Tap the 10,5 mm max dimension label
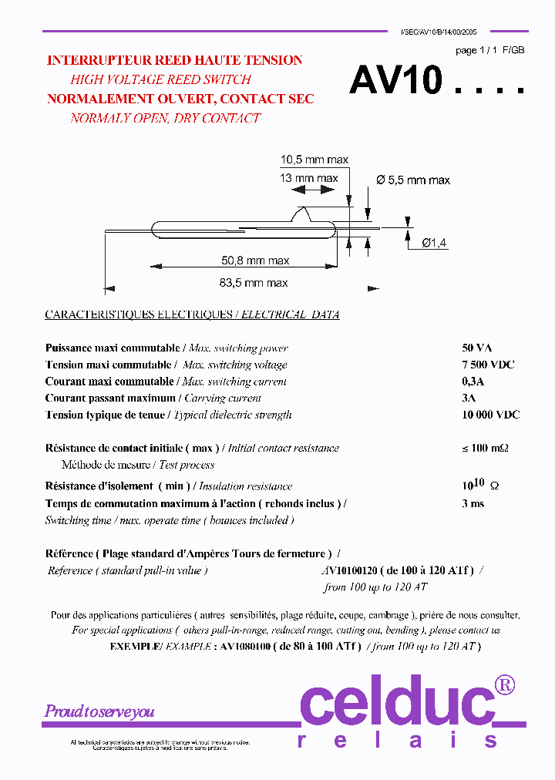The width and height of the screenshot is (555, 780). point(314,160)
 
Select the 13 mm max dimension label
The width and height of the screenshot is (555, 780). point(308,178)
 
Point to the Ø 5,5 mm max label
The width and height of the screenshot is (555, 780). point(413,180)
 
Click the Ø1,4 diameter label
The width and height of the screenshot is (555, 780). point(434,243)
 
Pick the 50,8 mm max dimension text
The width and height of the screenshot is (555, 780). point(254,261)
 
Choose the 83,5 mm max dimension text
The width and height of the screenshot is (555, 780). point(254,283)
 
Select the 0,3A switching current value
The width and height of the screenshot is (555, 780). point(473,382)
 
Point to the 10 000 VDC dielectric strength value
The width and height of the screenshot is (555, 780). point(490,415)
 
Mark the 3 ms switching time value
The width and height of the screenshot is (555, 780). point(473,503)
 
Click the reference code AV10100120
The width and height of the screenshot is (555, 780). point(349,570)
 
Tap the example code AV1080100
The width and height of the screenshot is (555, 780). point(244,646)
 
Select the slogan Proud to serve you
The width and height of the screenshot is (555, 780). point(99,711)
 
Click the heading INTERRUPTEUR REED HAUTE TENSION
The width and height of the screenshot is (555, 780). point(174,60)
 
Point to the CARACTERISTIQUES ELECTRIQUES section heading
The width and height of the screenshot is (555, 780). point(139,314)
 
